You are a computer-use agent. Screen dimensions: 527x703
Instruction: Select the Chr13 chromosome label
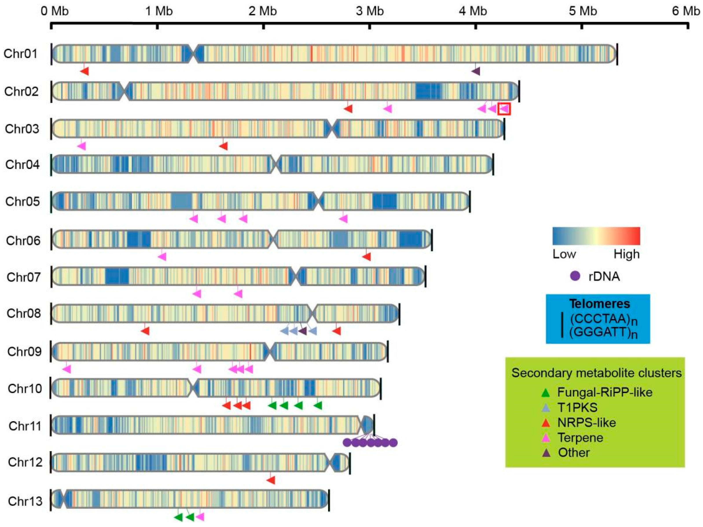[x=25, y=501]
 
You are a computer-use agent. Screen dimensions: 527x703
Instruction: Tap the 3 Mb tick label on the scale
[x=370, y=11]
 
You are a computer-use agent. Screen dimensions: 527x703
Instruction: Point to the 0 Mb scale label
[x=54, y=11]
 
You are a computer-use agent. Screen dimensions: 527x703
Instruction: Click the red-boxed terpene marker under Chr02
[x=504, y=109]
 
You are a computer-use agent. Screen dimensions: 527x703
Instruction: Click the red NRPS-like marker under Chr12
[x=271, y=480]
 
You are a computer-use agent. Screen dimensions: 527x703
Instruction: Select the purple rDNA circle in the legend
[x=575, y=276]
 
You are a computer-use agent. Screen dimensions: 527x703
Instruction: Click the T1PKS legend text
[x=577, y=408]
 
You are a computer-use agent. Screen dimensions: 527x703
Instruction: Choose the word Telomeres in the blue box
[x=599, y=304]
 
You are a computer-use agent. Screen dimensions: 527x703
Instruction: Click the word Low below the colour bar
[x=564, y=254]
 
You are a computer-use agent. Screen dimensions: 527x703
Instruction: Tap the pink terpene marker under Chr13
[x=200, y=517]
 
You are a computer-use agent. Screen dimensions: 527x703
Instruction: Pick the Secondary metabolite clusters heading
[x=596, y=373]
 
